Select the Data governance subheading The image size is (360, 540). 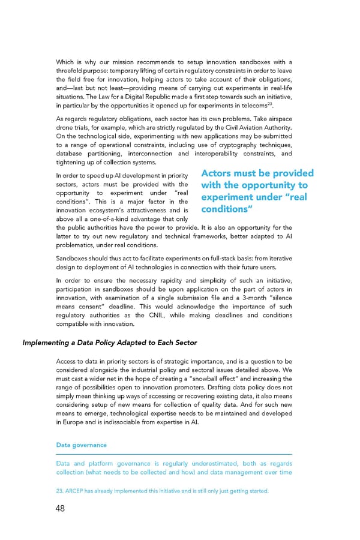[x=81, y=445]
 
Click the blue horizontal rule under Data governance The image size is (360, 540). [x=174, y=454]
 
